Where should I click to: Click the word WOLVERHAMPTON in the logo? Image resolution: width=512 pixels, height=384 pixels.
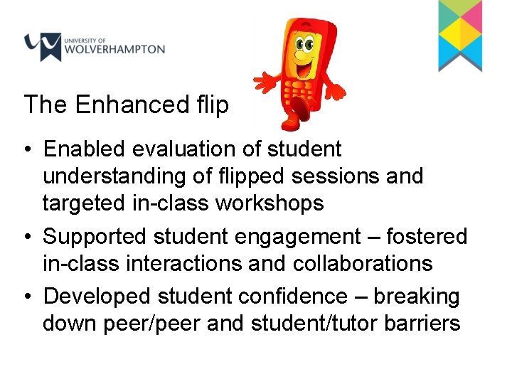point(114,50)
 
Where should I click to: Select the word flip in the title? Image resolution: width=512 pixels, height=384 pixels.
point(212,105)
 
